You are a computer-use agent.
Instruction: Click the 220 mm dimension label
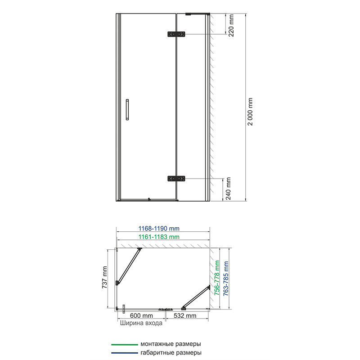(231, 25)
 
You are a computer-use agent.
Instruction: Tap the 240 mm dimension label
(228, 189)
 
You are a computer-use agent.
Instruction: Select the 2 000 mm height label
(250, 112)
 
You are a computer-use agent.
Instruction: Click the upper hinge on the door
(176, 34)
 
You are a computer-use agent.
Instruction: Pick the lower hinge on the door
(176, 179)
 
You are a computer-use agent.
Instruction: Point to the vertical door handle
(127, 109)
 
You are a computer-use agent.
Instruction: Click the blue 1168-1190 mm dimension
(159, 229)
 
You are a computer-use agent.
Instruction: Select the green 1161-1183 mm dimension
(159, 237)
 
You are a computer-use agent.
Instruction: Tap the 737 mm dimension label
(104, 277)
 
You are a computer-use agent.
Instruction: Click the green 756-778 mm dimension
(217, 278)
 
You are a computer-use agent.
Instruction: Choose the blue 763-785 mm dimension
(226, 278)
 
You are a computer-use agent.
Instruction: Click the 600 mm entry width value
(141, 315)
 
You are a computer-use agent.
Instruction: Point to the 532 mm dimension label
(185, 315)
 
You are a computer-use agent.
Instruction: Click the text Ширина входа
(141, 323)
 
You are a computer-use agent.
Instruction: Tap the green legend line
(125, 345)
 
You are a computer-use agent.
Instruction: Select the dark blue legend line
(125, 353)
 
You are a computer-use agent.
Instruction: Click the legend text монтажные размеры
(171, 344)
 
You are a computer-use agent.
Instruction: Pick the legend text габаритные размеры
(171, 352)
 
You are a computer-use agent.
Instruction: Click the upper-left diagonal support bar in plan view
(129, 266)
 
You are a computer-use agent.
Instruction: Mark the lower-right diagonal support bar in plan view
(196, 297)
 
